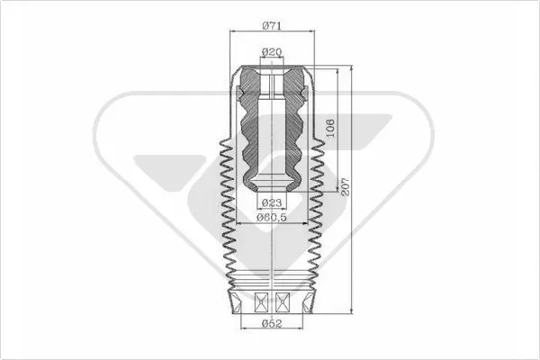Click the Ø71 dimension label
click(272, 25)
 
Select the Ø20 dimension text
click(272, 52)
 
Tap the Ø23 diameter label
click(272, 202)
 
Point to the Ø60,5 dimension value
click(272, 218)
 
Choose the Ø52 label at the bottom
click(272, 323)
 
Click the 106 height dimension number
click(330, 128)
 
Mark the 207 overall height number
click(345, 186)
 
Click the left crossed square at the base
click(261, 302)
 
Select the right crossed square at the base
click(283, 302)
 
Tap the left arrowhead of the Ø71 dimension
click(232, 31)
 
